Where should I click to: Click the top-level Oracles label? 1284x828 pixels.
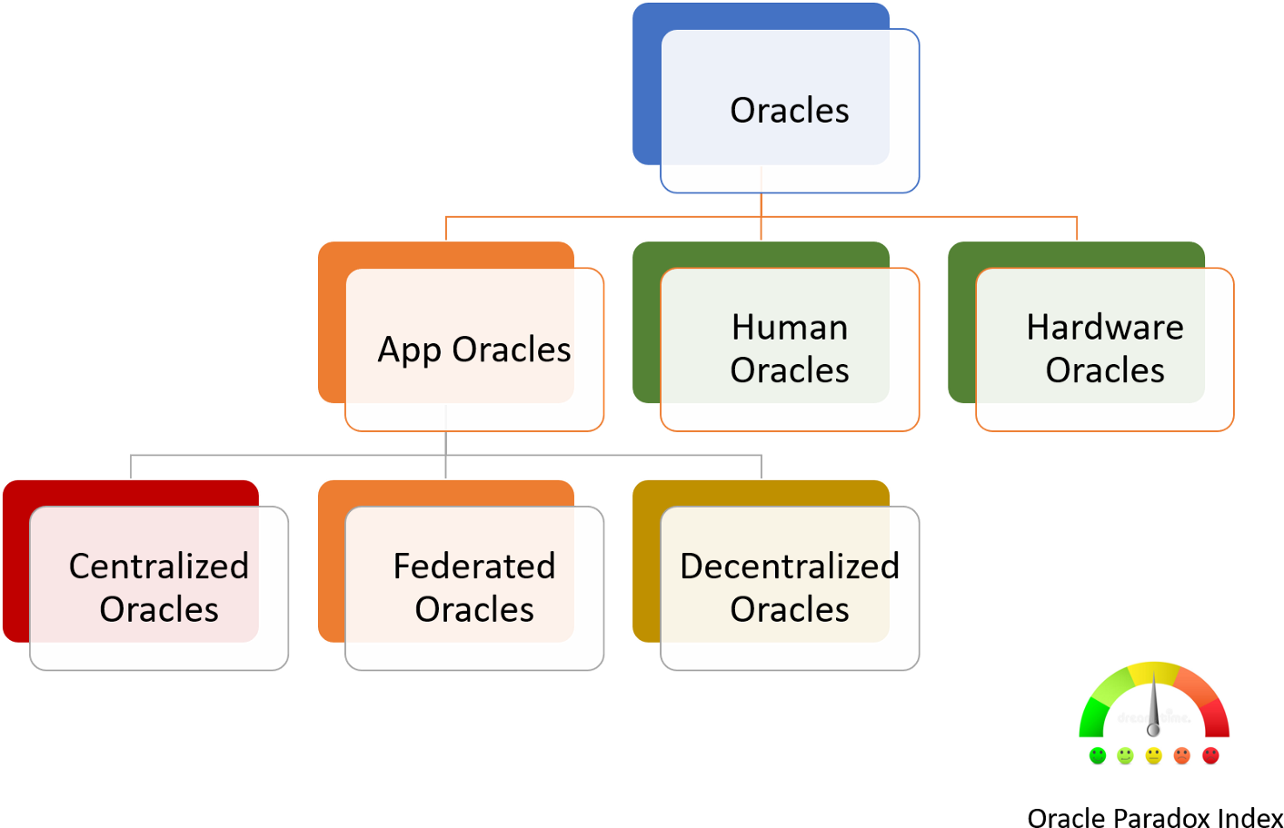tap(790, 110)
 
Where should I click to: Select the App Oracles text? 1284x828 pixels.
tap(474, 350)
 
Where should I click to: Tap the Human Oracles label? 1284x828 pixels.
tap(790, 348)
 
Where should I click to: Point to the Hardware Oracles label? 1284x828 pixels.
tap(1105, 348)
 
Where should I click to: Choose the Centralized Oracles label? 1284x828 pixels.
tap(159, 586)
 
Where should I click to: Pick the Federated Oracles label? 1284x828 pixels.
tap(474, 586)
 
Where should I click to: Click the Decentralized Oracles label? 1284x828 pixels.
tap(790, 586)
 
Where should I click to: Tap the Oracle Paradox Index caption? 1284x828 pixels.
tap(1154, 817)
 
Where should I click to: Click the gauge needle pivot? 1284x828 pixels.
tap(1153, 730)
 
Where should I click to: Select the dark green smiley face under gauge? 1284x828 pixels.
tap(1097, 756)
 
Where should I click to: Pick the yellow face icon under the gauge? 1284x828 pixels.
tap(1153, 756)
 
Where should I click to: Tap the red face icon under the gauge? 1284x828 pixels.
tap(1210, 756)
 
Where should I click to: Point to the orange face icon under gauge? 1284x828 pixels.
tap(1181, 756)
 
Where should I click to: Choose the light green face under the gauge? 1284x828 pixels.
tap(1125, 756)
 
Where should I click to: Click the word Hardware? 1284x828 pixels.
tap(1105, 327)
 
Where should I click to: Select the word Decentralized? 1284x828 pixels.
tap(790, 566)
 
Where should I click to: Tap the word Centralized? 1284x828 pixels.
tap(159, 566)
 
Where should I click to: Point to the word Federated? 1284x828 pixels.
tap(474, 566)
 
